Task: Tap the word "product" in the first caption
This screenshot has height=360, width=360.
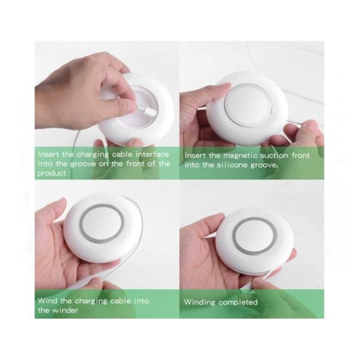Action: tap(52, 173)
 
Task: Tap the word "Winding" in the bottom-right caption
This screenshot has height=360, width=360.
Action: tap(200, 302)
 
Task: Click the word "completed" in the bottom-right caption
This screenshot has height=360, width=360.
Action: tap(238, 302)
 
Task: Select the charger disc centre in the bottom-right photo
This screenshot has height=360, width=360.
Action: tap(254, 236)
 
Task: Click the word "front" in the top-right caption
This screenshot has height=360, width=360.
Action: tap(301, 156)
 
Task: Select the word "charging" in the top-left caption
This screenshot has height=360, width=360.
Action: tap(92, 155)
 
